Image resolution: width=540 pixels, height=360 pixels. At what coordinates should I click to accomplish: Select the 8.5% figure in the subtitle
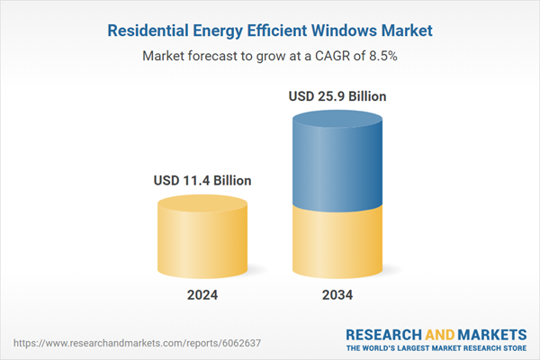pyautogui.click(x=382, y=56)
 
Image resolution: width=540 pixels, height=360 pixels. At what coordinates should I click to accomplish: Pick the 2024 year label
pyautogui.click(x=202, y=294)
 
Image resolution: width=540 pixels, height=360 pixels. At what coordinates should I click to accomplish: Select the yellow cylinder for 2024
pyautogui.click(x=202, y=236)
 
